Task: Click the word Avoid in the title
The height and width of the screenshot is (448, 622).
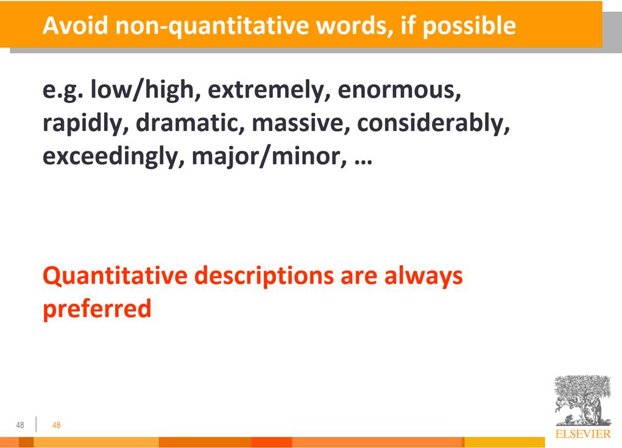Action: point(76,26)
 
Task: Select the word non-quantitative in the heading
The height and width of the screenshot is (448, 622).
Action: point(212,27)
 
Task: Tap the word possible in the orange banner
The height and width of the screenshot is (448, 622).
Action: point(469,27)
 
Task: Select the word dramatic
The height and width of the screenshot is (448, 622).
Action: point(190,123)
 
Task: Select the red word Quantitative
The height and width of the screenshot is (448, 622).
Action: point(115,276)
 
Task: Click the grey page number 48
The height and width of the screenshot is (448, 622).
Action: point(20,425)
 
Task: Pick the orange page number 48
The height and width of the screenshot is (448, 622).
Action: point(56,425)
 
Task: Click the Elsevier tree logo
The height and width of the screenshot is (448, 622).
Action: point(583,401)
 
